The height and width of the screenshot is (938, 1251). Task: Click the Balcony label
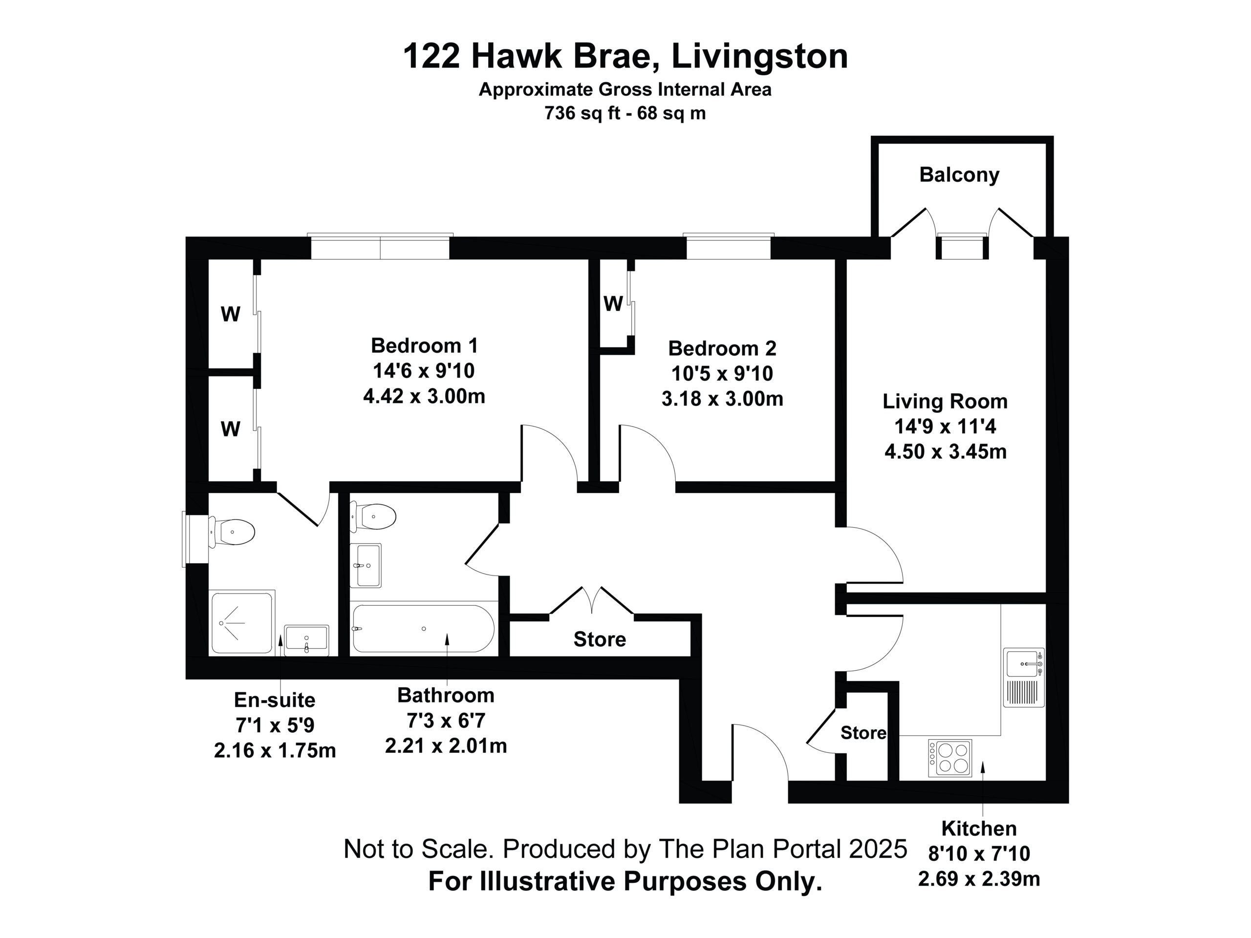pos(959,175)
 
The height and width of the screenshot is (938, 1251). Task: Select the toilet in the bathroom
pos(373,516)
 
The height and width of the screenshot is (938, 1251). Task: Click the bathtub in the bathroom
pos(423,629)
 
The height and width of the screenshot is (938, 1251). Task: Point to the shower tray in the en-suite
pos(242,622)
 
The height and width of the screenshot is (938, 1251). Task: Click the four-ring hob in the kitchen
pos(950,758)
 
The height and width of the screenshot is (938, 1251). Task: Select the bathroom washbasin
pos(366,565)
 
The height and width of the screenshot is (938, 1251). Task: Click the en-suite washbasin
pos(306,640)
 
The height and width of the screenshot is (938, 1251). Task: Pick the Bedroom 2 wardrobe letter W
pos(613,303)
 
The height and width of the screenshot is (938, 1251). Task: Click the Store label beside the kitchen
pos(863,733)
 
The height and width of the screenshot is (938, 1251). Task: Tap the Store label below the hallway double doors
pos(600,640)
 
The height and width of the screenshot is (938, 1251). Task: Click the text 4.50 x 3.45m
pos(946,452)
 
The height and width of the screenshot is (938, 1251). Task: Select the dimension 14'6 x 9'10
pos(424,371)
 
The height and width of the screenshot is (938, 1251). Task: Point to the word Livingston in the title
pos(759,57)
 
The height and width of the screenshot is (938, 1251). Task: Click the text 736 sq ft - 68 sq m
pos(625,113)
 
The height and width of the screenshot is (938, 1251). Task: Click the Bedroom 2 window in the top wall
pos(729,247)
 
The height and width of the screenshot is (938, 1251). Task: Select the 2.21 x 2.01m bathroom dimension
pos(446,746)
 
